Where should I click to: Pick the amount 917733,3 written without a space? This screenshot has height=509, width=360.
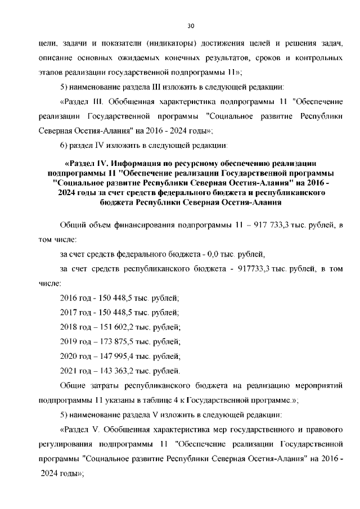[x=253, y=269]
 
